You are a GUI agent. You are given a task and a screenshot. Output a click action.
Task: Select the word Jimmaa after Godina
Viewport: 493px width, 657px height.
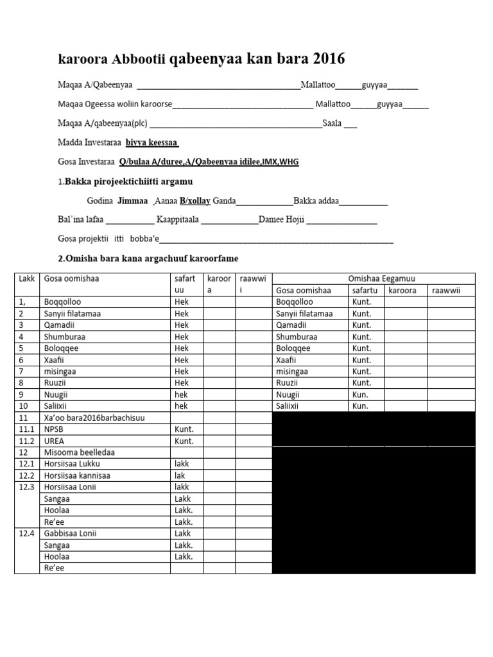point(133,201)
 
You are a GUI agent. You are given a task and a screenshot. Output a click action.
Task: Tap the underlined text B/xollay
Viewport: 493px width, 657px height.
point(195,201)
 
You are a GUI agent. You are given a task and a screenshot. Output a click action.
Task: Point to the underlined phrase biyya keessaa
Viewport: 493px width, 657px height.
point(152,142)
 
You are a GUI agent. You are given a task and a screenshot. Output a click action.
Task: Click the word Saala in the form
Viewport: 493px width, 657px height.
point(332,123)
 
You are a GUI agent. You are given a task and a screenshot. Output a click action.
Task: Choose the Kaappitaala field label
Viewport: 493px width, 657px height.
point(178,220)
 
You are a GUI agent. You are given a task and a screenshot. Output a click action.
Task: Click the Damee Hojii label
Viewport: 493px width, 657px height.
point(282,220)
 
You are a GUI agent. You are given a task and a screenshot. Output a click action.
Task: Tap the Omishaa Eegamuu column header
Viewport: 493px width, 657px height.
point(374,278)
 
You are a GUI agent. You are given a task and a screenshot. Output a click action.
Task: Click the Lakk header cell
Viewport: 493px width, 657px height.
point(27,278)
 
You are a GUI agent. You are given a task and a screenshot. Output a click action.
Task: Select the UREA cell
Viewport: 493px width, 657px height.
point(54,441)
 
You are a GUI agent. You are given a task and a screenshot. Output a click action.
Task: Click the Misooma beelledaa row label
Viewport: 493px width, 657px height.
point(79,452)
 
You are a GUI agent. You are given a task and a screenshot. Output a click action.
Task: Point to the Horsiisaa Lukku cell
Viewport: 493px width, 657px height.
point(72,464)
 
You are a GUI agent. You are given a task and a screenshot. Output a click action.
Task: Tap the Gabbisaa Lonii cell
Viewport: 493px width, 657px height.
point(71,533)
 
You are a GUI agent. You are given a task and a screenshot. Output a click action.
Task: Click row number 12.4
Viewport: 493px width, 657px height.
point(26,533)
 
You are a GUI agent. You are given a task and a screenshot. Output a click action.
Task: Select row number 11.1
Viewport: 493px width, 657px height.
point(26,429)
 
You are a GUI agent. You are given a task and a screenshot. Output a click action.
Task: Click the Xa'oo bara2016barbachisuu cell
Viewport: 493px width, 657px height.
point(94,418)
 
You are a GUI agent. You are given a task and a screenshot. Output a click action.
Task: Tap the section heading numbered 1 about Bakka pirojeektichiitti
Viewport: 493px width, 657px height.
point(125,182)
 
